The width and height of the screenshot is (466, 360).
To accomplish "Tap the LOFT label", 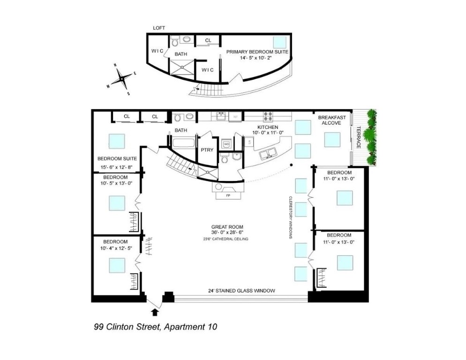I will (159, 28).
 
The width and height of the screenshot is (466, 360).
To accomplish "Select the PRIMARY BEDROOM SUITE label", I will (257, 52).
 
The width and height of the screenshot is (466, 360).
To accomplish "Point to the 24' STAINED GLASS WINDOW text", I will (241, 291).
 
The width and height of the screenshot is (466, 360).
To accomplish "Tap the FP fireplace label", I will (228, 195).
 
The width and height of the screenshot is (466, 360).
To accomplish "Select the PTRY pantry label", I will (207, 150).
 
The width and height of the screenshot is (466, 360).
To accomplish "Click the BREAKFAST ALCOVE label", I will (332, 120).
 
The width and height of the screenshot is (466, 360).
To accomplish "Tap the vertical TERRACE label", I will (359, 137).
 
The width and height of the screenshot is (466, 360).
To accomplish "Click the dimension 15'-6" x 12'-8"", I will (117, 167).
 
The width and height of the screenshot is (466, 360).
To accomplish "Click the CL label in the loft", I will (208, 40).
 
